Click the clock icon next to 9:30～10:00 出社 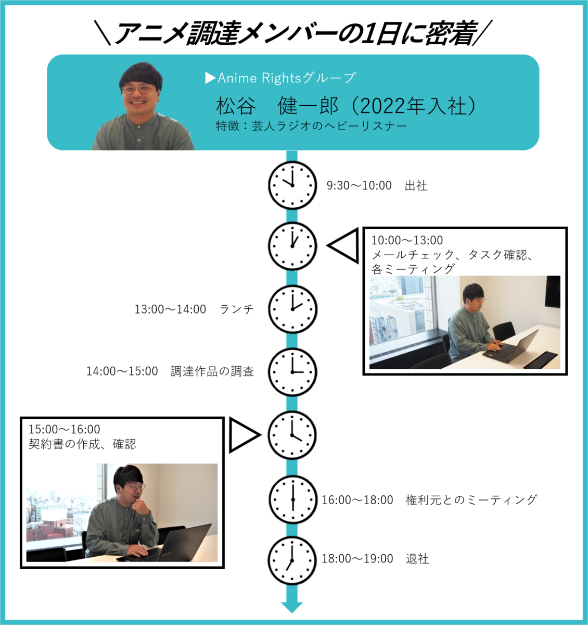[292, 185]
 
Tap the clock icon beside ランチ [292, 309]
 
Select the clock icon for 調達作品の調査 [292, 372]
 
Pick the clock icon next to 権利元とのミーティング [292, 499]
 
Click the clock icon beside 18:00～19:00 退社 [292, 560]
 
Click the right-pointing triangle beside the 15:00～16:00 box [244, 435]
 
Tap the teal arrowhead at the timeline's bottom [292, 607]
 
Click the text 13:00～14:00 [170, 309]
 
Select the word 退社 [417, 559]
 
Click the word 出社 [416, 186]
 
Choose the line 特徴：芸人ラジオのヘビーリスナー [311, 126]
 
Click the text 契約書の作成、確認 [82, 444]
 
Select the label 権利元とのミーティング [471, 500]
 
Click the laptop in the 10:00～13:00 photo [513, 347]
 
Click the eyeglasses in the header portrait [137, 90]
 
